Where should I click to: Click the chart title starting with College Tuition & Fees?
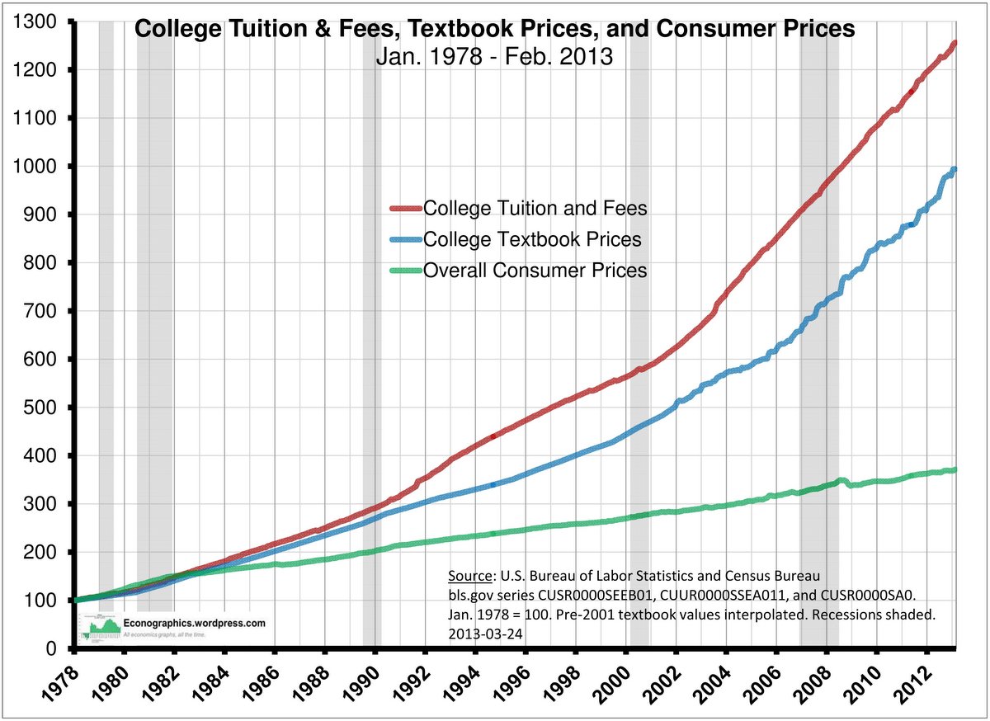[x=494, y=30]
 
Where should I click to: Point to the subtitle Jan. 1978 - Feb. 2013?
[x=493, y=57]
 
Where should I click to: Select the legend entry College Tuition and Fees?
[x=535, y=208]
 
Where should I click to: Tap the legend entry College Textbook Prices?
[x=532, y=239]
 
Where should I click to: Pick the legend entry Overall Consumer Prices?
[x=535, y=270]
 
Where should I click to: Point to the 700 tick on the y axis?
[x=45, y=312]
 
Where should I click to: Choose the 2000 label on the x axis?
[x=609, y=682]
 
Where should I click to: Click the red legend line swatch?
[x=405, y=208]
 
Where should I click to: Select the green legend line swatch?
[x=405, y=270]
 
